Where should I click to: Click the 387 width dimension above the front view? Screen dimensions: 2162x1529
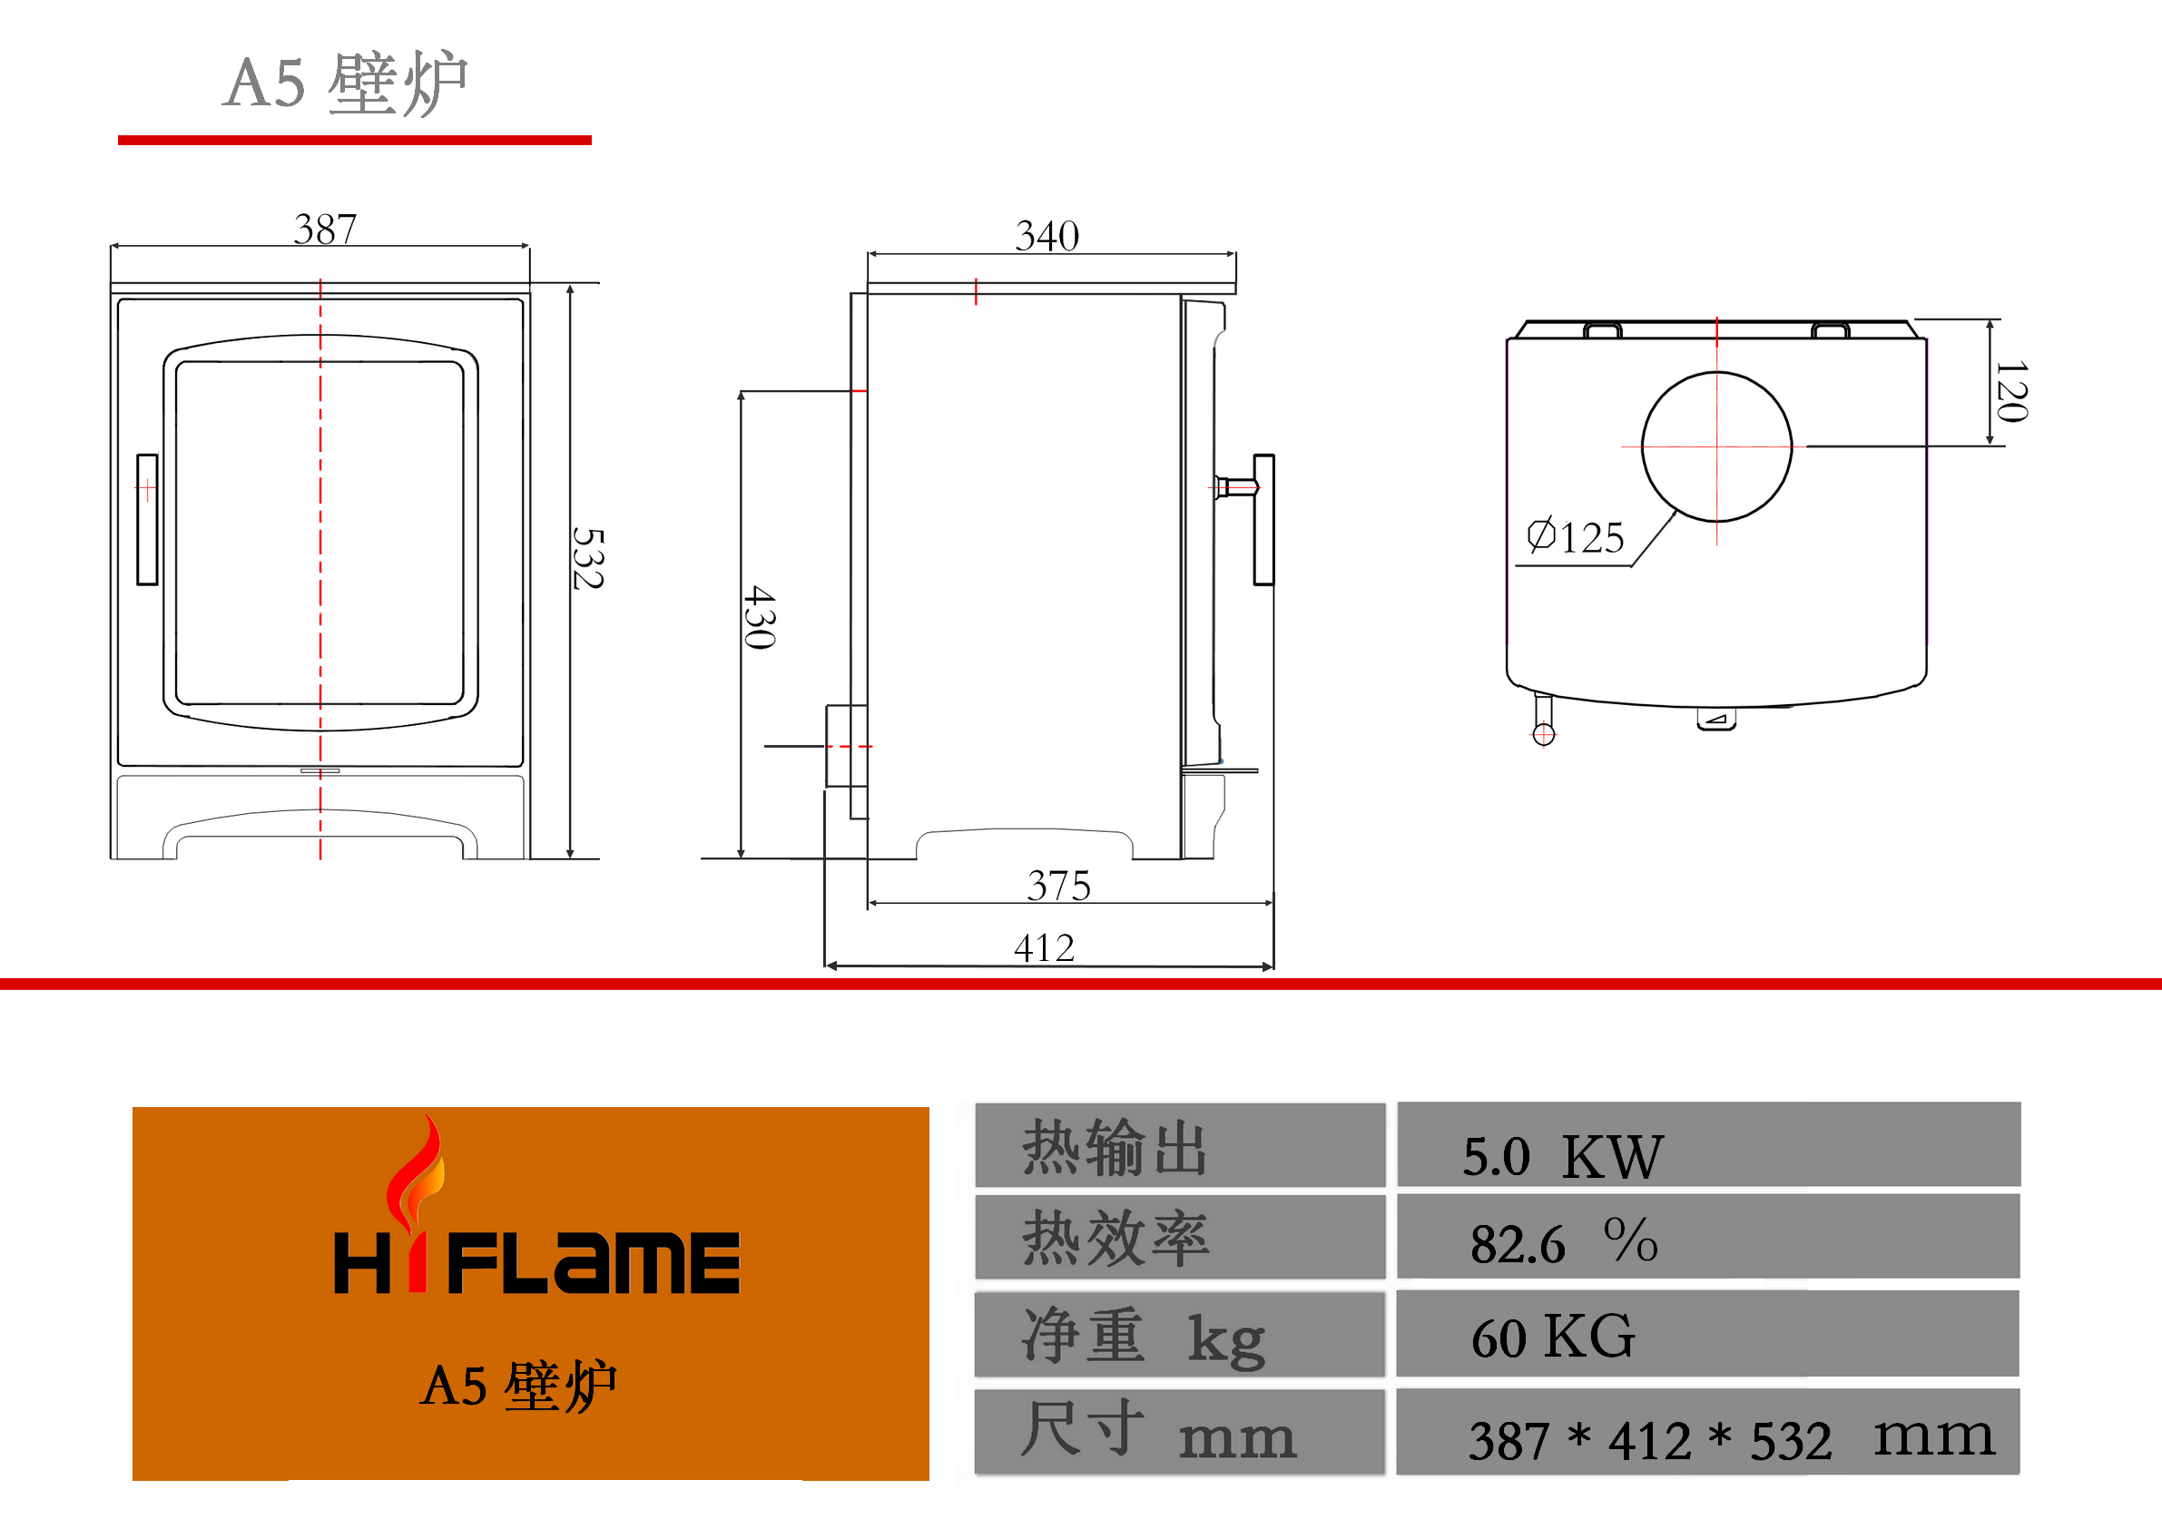pyautogui.click(x=325, y=229)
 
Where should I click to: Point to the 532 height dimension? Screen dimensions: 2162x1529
pyautogui.click(x=588, y=558)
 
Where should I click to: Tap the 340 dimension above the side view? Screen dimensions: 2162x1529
pyautogui.click(x=1047, y=235)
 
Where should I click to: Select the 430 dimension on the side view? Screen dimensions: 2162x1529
pyautogui.click(x=760, y=617)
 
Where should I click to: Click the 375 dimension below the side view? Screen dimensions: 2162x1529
pyautogui.click(x=1058, y=885)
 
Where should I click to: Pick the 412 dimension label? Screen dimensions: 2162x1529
pyautogui.click(x=1045, y=947)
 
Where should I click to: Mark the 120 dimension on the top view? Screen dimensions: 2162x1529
pyautogui.click(x=2011, y=391)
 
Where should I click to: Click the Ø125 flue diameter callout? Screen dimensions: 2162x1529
pyautogui.click(x=1576, y=536)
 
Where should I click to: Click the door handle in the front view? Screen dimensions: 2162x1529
pyautogui.click(x=147, y=520)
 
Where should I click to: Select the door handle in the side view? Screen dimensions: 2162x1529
pyautogui.click(x=1263, y=520)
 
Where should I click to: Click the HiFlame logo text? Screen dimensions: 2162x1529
pyautogui.click(x=536, y=1261)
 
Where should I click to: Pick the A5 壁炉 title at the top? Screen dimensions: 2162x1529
pyautogui.click(x=346, y=83)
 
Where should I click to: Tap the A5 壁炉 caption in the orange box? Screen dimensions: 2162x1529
pyautogui.click(x=519, y=1386)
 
